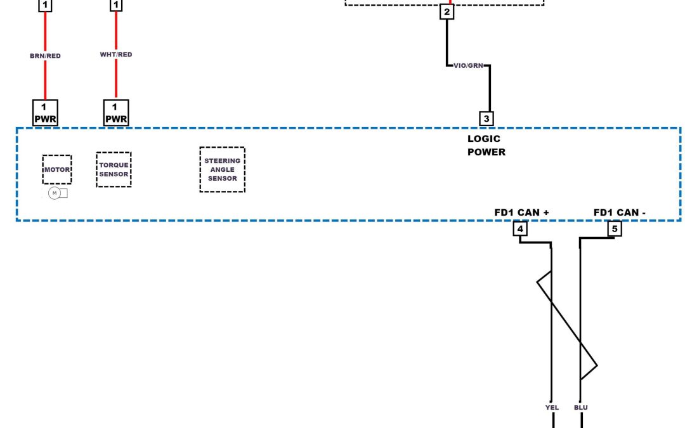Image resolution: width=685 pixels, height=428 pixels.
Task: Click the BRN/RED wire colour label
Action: click(45, 56)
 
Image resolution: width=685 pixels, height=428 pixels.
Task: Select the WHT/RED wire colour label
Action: click(116, 55)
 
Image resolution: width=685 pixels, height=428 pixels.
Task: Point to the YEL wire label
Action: click(552, 408)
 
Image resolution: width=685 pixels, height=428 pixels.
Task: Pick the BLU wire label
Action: click(581, 408)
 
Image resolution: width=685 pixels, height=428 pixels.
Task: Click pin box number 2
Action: click(447, 12)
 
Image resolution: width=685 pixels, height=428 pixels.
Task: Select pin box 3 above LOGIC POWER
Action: click(486, 118)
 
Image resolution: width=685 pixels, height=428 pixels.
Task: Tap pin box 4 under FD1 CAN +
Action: click(520, 229)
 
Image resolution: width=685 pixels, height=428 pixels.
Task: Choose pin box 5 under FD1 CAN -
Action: click(614, 229)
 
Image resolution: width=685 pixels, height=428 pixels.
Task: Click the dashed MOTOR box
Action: click(57, 169)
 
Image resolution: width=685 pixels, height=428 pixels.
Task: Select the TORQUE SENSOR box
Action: click(114, 169)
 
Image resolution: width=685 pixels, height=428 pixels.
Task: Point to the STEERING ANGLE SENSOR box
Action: click(222, 169)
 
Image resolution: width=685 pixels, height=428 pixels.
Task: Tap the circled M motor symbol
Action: click(54, 193)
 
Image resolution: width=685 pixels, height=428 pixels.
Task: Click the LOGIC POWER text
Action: click(486, 145)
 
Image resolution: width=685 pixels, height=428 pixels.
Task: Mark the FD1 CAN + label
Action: click(521, 212)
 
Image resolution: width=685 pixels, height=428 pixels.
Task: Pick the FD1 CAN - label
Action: click(619, 212)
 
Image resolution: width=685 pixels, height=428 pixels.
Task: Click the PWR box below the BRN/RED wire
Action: click(45, 113)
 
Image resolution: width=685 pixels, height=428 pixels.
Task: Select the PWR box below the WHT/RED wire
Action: click(116, 113)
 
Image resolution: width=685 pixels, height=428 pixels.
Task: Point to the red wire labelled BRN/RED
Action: click(45, 79)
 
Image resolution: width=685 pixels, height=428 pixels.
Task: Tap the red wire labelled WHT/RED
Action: click(116, 79)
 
